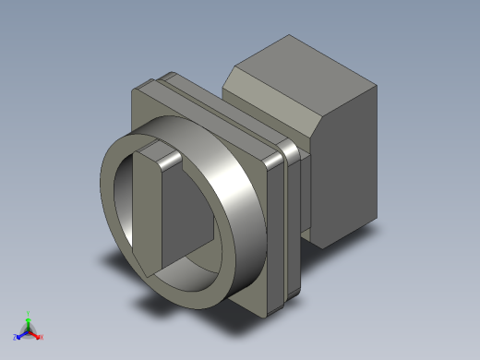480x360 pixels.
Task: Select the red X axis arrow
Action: pyautogui.click(x=36, y=335)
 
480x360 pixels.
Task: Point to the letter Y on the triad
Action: pyautogui.click(x=29, y=312)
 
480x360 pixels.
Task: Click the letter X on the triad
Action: pyautogui.click(x=42, y=337)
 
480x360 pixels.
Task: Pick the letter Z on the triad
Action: pyautogui.click(x=14, y=337)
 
